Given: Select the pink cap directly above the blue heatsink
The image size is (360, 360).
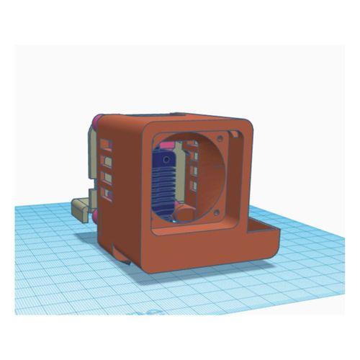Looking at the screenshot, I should pyautogui.click(x=167, y=148).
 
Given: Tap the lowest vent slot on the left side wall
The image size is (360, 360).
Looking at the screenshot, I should pyautogui.click(x=108, y=193).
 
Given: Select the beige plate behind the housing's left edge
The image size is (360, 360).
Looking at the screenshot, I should pyautogui.click(x=91, y=158).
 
